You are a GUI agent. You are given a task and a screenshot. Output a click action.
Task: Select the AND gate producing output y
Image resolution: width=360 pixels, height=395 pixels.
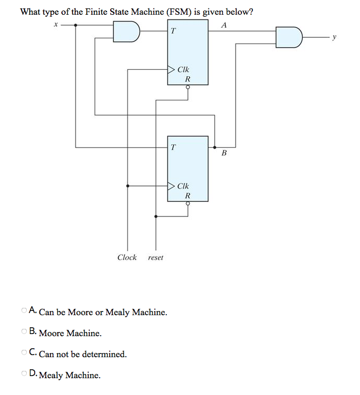[290, 37]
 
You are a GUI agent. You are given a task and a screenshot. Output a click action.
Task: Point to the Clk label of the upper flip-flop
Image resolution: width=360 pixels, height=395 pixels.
[183, 69]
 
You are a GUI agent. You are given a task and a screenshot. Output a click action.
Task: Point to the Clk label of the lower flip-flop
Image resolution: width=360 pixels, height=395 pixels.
[183, 186]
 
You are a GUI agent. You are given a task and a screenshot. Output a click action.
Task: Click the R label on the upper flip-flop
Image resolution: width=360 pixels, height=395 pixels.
[187, 79]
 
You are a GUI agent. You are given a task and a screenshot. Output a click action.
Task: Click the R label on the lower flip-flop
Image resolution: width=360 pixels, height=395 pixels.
[187, 196]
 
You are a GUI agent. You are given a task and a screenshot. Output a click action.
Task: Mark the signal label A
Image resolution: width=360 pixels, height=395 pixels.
[224, 25]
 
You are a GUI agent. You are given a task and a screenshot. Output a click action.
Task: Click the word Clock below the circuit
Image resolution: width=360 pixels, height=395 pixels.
[127, 257]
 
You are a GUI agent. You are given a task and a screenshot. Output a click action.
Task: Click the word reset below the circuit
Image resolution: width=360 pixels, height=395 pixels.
[156, 257]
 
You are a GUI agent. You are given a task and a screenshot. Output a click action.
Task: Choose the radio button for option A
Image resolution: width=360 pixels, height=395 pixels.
[25, 311]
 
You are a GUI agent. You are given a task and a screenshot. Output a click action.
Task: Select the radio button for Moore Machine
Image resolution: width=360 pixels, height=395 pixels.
[25, 332]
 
